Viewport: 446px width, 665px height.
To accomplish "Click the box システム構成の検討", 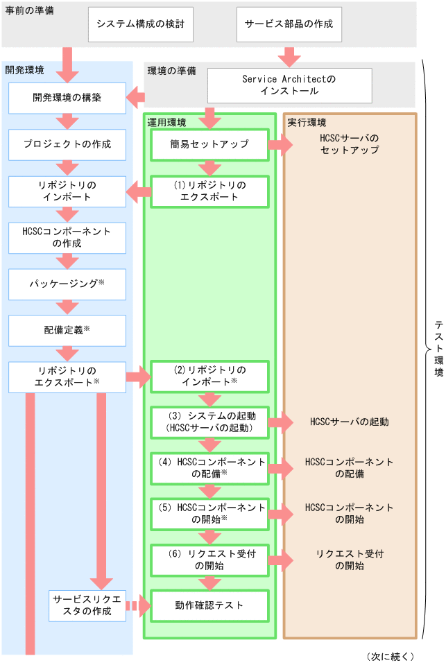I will click(x=140, y=24).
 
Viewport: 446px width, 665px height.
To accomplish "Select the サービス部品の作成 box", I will click(x=289, y=24).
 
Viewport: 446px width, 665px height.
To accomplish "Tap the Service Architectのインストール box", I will click(x=289, y=85).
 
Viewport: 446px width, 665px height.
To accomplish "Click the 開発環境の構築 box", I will click(x=67, y=98).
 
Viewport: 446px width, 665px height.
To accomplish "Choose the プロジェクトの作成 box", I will click(x=67, y=145).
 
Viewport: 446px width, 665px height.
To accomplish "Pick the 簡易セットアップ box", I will click(x=209, y=145).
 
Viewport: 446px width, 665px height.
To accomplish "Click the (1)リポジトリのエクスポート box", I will click(x=209, y=191).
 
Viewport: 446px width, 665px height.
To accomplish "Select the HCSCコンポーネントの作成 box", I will click(x=67, y=237).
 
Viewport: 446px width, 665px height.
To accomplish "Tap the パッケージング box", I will click(x=67, y=284).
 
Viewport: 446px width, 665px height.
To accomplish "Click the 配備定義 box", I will click(x=67, y=331).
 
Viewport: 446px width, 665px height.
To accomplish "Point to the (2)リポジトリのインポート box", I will click(x=209, y=376).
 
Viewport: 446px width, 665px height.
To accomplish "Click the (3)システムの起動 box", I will click(x=209, y=422).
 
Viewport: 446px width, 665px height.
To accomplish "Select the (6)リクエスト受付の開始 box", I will click(x=209, y=560).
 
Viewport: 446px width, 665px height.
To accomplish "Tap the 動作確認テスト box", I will click(x=209, y=605).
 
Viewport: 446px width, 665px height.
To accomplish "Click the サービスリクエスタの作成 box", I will click(x=87, y=605).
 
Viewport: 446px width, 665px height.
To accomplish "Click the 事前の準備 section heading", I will click(x=29, y=11).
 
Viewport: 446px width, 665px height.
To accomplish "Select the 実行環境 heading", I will click(x=307, y=123).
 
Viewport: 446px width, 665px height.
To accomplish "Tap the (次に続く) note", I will click(x=391, y=656).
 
